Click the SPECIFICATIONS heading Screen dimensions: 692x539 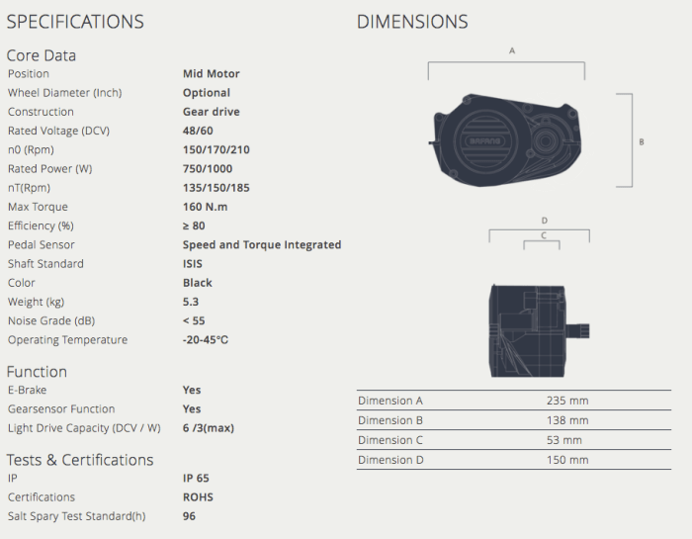tap(75, 22)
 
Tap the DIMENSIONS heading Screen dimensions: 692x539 tap(412, 22)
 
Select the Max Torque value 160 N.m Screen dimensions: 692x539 tap(206, 207)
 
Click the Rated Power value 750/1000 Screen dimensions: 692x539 tap(208, 169)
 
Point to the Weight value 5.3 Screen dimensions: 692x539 tap(191, 302)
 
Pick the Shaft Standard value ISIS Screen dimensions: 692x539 tap(193, 263)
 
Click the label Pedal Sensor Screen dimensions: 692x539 tap(42, 244)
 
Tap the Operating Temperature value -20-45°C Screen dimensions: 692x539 tap(206, 339)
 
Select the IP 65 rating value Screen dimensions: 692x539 tap(196, 478)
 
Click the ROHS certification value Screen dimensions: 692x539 tap(198, 497)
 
